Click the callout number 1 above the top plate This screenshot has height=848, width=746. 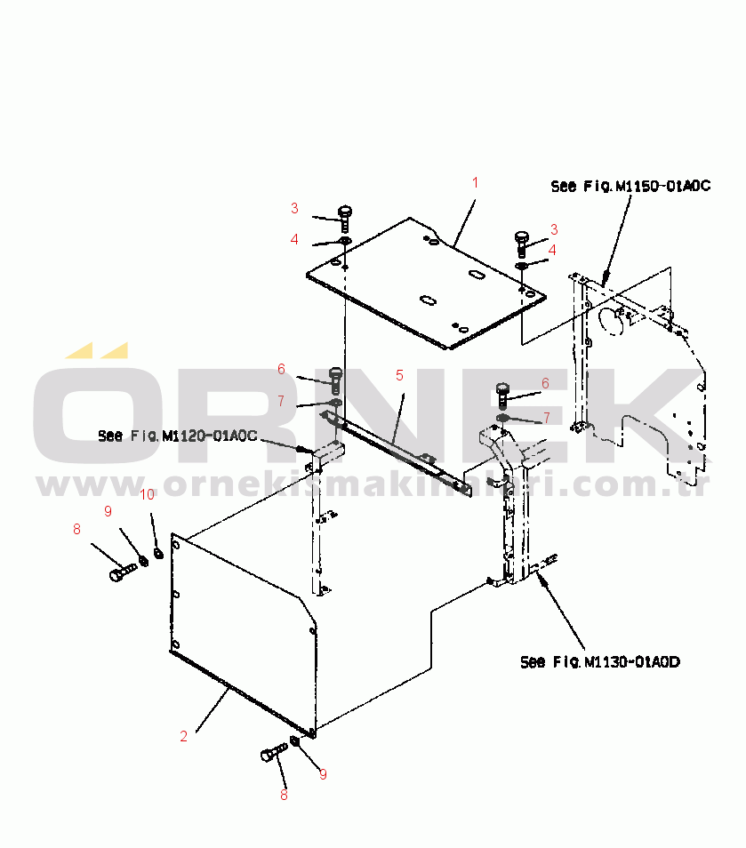pos(475,183)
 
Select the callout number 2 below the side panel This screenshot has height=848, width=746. pos(183,736)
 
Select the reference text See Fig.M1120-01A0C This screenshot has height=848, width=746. pos(177,436)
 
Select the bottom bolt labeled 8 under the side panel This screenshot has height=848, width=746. pos(270,755)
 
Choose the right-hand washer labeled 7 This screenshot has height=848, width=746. pos(503,418)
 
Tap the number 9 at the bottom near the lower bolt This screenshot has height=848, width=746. pos(323,774)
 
